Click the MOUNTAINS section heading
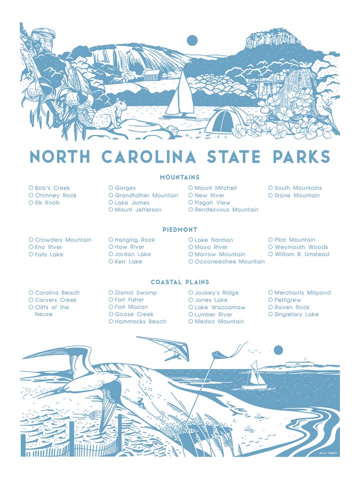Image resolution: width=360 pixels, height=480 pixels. pyautogui.click(x=179, y=177)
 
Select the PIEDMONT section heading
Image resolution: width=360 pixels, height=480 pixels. pyautogui.click(x=179, y=229)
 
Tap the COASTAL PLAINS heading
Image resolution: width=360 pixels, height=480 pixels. pyautogui.click(x=179, y=282)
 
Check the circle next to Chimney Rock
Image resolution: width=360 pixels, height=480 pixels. pyautogui.click(x=31, y=195)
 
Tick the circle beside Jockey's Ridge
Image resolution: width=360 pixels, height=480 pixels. pyautogui.click(x=191, y=292)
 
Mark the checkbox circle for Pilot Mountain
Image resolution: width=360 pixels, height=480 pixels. pyautogui.click(x=270, y=240)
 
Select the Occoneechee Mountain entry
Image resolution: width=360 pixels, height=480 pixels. pyautogui.click(x=229, y=261)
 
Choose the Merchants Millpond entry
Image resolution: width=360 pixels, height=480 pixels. pyautogui.click(x=302, y=292)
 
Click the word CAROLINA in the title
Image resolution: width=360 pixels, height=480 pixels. pyautogui.click(x=149, y=156)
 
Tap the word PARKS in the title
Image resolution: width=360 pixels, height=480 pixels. pyautogui.click(x=301, y=156)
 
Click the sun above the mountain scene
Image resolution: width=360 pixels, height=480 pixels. pyautogui.click(x=191, y=40)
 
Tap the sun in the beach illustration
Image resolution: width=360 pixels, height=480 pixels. pyautogui.click(x=278, y=350)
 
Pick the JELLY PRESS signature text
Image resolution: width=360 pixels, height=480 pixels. pyautogui.click(x=328, y=453)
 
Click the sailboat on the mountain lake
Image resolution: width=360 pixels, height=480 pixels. pyautogui.click(x=180, y=96)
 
